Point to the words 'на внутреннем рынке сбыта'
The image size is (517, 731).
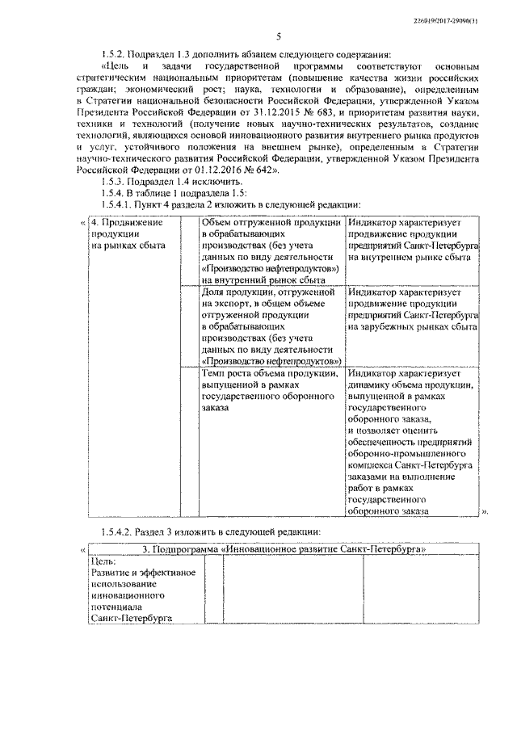[410, 256]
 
